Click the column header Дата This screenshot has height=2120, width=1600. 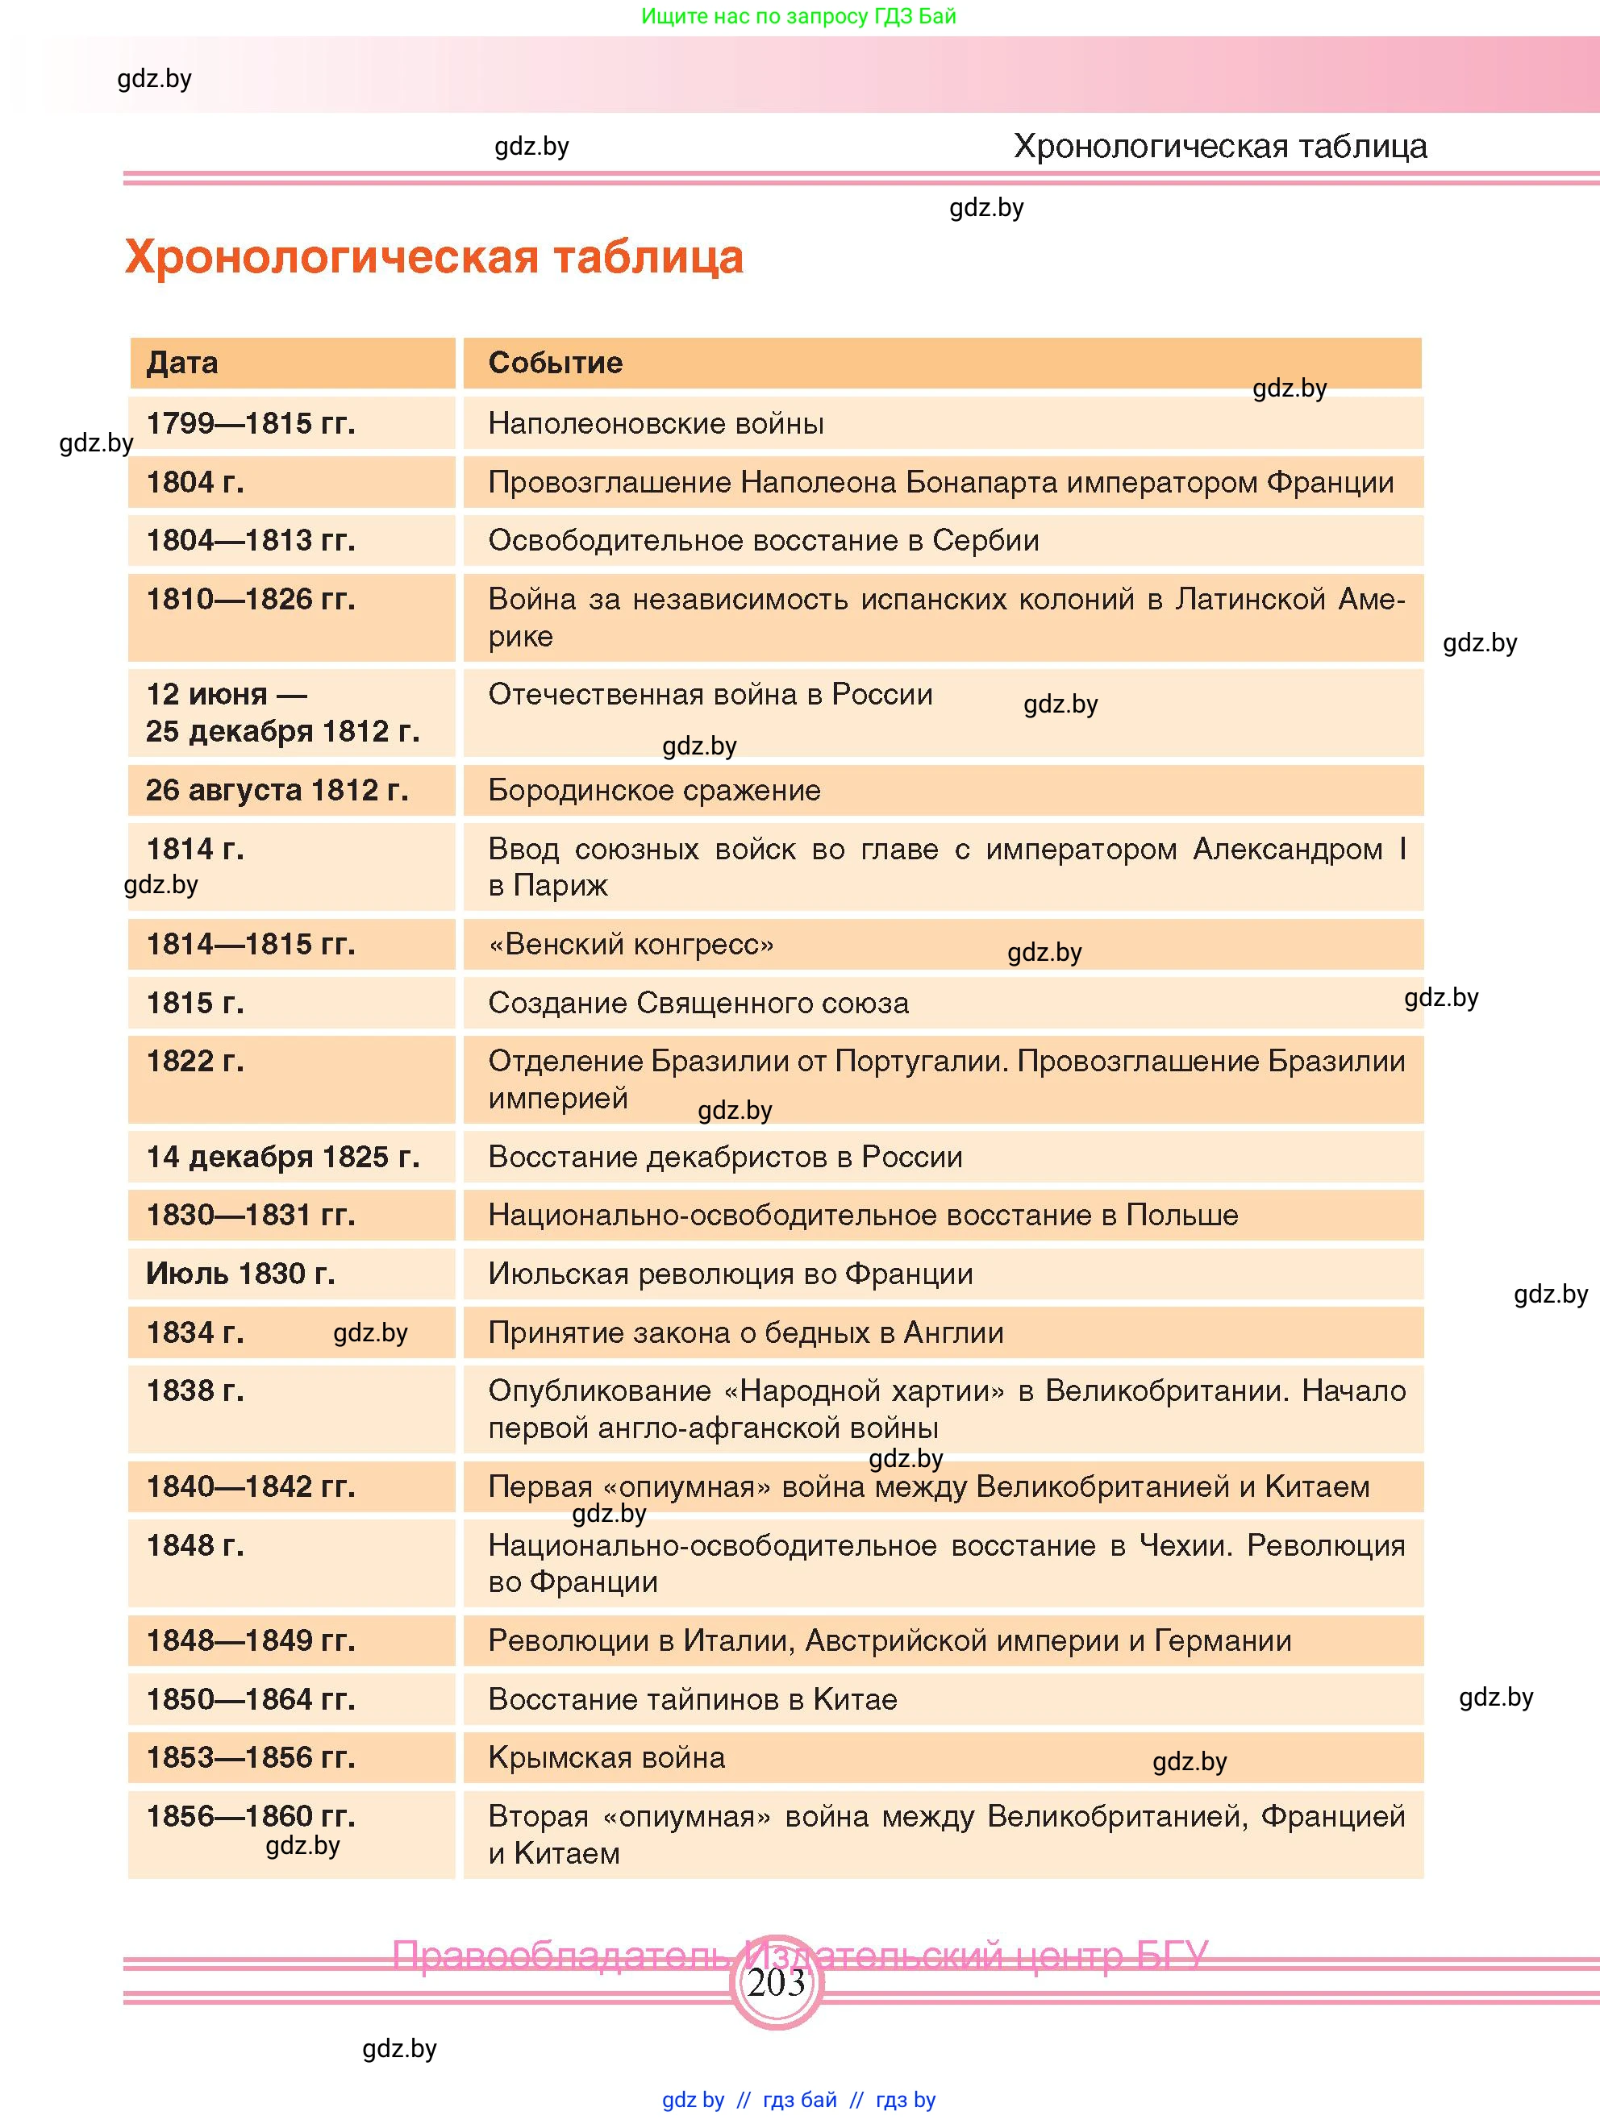182,364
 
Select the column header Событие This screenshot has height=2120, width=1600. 555,364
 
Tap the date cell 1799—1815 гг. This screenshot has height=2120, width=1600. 250,424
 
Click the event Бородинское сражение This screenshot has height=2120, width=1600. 654,791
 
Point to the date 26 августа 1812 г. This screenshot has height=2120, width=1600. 277,791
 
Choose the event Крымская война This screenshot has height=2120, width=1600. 606,1758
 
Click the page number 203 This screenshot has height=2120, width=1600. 777,1982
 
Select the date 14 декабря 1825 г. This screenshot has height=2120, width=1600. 283,1157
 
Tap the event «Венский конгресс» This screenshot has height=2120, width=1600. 631,945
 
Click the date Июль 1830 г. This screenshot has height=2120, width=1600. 240,1274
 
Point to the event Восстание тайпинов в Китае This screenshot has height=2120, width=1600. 692,1699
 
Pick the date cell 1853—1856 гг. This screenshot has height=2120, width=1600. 250,1758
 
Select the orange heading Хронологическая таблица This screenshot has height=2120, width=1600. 433,257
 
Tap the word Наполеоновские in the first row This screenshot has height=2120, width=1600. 594,424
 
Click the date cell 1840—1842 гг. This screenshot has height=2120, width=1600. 250,1486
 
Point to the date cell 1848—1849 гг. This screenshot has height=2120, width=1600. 250,1641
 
